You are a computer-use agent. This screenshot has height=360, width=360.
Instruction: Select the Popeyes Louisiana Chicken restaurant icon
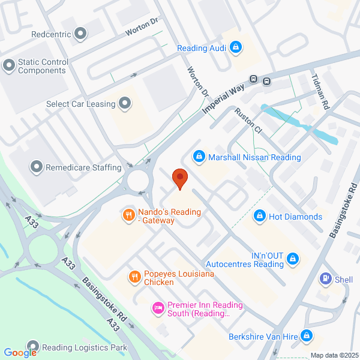click(x=134, y=277)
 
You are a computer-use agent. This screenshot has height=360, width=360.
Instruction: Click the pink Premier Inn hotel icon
click(x=158, y=308)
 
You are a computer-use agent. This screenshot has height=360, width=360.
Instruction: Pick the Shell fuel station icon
click(x=326, y=279)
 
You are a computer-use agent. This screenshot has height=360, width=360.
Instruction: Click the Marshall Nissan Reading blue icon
click(x=198, y=157)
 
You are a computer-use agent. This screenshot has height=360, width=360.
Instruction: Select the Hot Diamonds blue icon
click(x=260, y=216)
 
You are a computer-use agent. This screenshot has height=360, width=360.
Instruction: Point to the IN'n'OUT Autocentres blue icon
click(x=293, y=259)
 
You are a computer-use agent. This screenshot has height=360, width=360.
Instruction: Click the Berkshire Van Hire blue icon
click(x=307, y=337)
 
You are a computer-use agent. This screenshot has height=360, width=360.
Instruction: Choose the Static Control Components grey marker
click(x=9, y=65)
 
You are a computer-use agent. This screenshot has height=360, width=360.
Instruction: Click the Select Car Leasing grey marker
click(x=125, y=104)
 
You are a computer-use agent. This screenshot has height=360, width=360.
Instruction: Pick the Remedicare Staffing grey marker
click(x=37, y=167)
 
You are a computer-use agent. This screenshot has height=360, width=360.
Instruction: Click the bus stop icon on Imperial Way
click(x=254, y=80)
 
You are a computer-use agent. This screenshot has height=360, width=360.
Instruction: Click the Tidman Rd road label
click(x=321, y=91)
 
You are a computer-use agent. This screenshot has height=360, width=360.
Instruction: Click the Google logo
click(x=20, y=353)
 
